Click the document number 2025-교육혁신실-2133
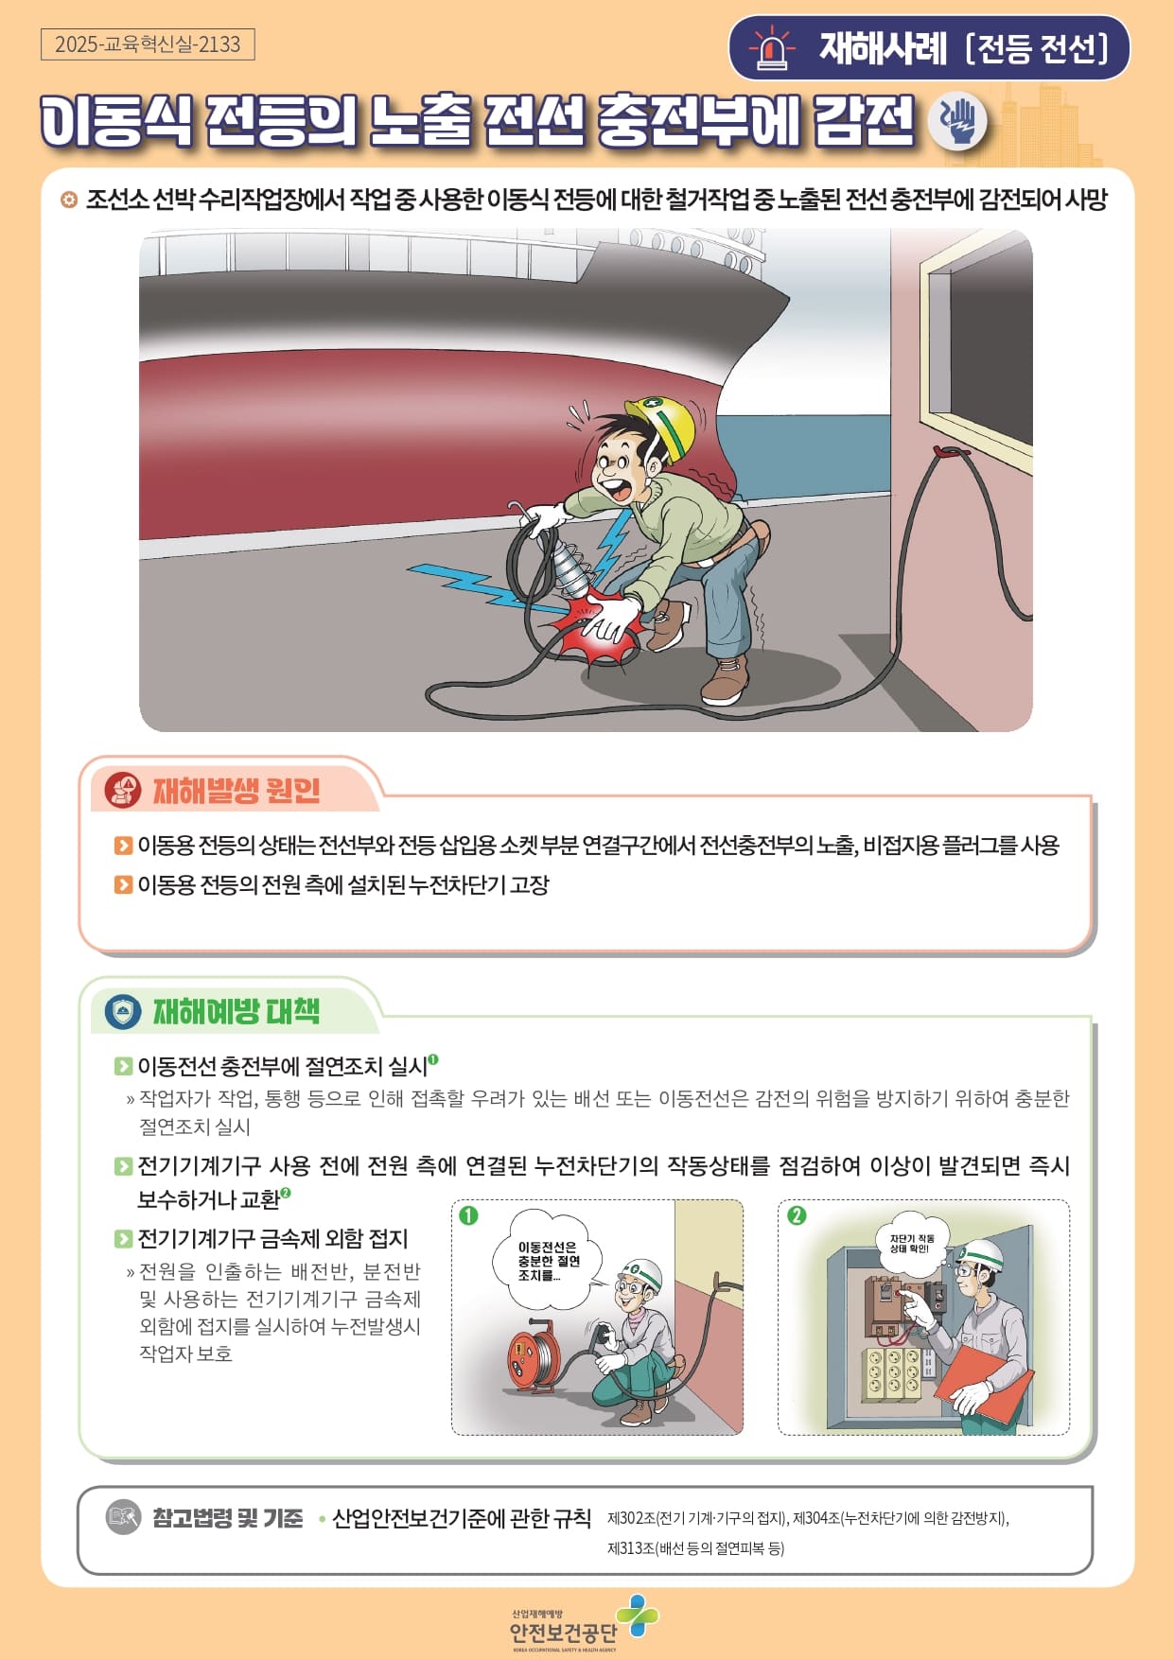pyautogui.click(x=148, y=44)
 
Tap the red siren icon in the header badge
pyautogui.click(x=773, y=47)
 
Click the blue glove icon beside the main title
pyautogui.click(x=957, y=121)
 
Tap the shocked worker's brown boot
pyautogui.click(x=726, y=680)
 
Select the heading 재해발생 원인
pyautogui.click(x=237, y=790)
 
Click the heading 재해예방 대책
pyautogui.click(x=237, y=1011)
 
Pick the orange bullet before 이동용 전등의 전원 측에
pyautogui.click(x=123, y=884)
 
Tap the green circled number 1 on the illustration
pyautogui.click(x=468, y=1215)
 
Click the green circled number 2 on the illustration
pyautogui.click(x=797, y=1215)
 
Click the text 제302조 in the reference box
pyautogui.click(x=631, y=1519)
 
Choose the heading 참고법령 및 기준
pyautogui.click(x=228, y=1518)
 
